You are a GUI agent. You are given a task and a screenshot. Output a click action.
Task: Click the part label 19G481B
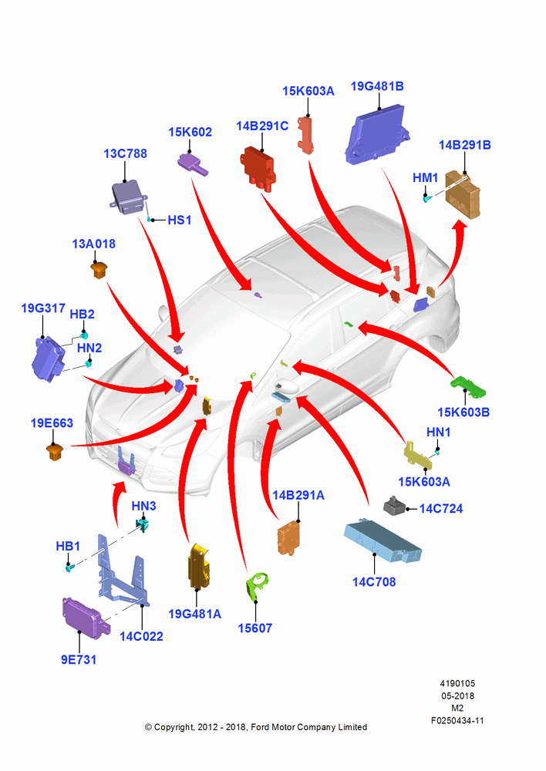pos(377,86)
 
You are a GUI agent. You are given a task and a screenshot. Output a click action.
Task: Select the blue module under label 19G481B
pos(377,134)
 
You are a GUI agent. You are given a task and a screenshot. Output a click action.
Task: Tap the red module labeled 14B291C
pos(258,167)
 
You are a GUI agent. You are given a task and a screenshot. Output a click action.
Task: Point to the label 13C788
pos(125,154)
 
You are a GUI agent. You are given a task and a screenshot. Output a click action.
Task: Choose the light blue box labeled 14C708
pos(383,541)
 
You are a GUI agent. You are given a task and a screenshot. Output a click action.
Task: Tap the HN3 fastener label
pos(143,506)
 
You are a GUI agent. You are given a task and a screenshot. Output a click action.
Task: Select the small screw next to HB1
pos(69,567)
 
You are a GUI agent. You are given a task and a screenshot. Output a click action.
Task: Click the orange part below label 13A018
pos(99,271)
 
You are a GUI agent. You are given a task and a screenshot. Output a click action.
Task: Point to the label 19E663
pos(52,423)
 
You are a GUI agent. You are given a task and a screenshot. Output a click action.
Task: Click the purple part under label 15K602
pos(192,163)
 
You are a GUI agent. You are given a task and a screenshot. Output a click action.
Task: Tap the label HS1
pos(179,221)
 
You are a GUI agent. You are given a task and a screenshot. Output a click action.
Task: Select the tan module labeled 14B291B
pos(463,194)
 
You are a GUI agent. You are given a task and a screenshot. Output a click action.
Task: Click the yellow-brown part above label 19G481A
pos(199,565)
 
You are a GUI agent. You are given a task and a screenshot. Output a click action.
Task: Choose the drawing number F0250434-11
pos(457,721)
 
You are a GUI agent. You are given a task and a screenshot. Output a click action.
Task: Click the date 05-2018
pos(457,696)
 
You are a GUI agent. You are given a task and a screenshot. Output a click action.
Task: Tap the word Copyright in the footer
pos(174,728)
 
